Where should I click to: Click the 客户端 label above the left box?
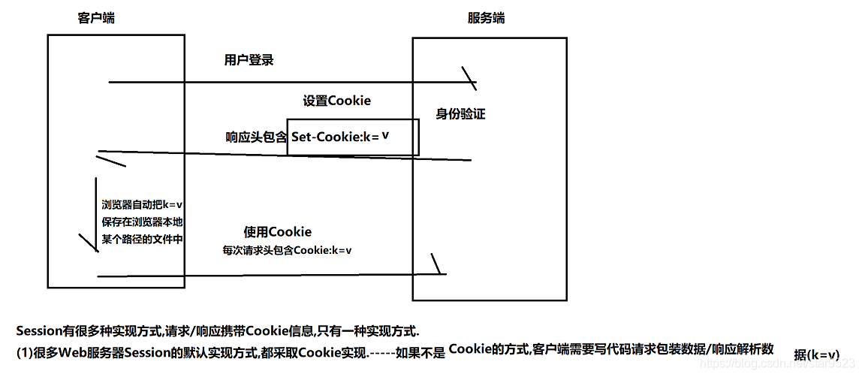coord(96,18)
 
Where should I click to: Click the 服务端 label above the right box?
coord(486,18)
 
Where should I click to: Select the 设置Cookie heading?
coord(336,101)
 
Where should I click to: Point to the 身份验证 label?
coord(460,114)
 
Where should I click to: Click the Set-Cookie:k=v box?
coord(352,137)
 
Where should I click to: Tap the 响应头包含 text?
coord(256,137)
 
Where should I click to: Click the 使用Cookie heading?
coord(277,231)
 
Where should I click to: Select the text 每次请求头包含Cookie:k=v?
coord(287,249)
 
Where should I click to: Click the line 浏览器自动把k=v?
coord(143,204)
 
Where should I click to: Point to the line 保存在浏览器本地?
coord(143,222)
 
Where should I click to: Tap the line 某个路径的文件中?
coord(143,239)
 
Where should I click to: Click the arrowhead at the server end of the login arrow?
coord(470,78)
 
